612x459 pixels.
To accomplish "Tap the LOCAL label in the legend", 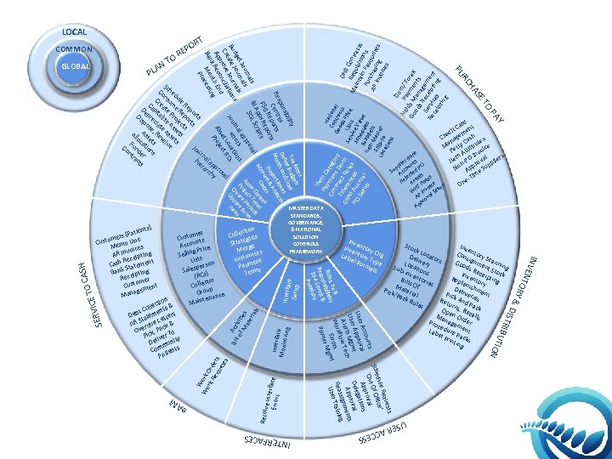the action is click(74, 31).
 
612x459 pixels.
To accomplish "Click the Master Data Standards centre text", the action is click(305, 229).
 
